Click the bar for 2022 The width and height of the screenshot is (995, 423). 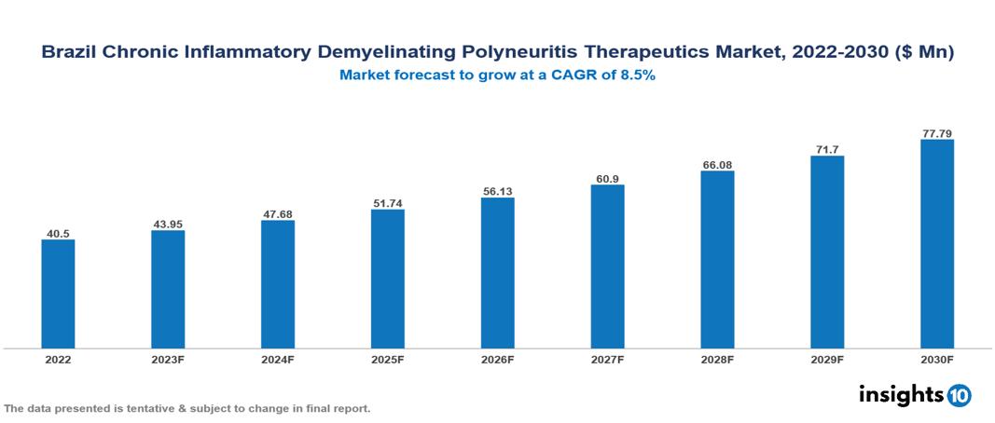click(x=58, y=293)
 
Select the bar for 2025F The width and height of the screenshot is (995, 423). click(x=388, y=279)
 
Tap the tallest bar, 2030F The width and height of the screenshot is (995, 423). click(x=936, y=244)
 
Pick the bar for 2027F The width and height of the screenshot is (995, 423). click(x=607, y=266)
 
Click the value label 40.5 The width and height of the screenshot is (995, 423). click(x=58, y=232)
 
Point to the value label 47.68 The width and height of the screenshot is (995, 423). click(x=278, y=213)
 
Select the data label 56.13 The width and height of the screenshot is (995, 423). click(x=497, y=191)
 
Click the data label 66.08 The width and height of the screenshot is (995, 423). click(x=717, y=164)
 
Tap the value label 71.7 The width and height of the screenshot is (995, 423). click(x=827, y=149)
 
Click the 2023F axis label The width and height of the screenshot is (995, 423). click(x=168, y=359)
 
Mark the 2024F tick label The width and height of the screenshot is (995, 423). click(x=278, y=359)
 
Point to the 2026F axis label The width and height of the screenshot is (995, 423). click(x=497, y=359)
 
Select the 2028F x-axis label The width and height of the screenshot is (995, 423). click(x=717, y=359)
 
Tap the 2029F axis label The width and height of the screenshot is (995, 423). click(x=827, y=359)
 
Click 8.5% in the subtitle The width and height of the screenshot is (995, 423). click(x=636, y=76)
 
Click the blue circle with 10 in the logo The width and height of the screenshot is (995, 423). click(x=959, y=395)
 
